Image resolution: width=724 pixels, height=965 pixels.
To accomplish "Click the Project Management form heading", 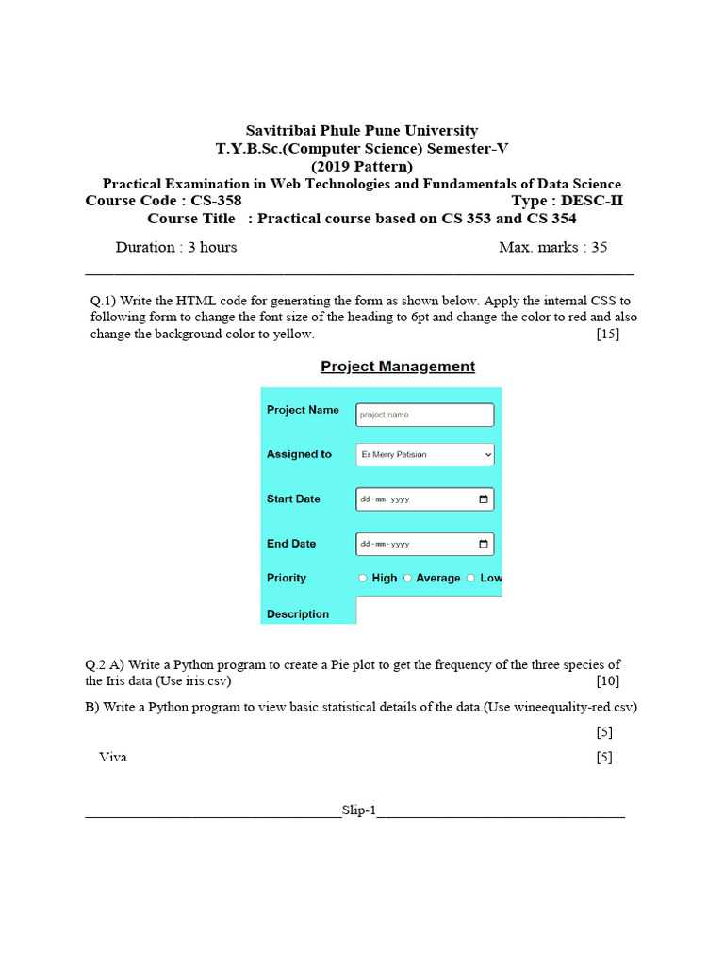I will (398, 367).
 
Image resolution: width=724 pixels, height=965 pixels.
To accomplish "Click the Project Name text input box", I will (424, 415).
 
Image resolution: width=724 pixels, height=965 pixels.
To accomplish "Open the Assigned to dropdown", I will (424, 454).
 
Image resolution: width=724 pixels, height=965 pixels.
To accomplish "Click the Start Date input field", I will (415, 499).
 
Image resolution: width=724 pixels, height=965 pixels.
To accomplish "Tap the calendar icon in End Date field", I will (484, 545).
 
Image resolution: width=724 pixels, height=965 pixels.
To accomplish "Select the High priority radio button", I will (363, 579).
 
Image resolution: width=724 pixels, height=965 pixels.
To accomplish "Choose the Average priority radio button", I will (407, 579).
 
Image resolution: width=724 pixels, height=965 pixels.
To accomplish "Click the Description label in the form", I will (298, 614).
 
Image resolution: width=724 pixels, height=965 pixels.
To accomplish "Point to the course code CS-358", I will (215, 201).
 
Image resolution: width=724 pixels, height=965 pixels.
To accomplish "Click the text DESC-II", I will (592, 201).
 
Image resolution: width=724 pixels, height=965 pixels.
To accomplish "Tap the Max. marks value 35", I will (598, 248).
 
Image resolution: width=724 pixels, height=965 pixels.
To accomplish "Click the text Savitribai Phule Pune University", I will (362, 131).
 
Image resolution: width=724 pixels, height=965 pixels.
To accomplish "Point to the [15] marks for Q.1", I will (607, 335).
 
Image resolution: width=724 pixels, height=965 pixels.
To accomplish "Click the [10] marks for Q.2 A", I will (607, 681).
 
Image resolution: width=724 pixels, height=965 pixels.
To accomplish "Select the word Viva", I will (113, 757).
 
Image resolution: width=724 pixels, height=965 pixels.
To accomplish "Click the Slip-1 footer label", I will (358, 810).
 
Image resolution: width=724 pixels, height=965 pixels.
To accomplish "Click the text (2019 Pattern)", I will (362, 167).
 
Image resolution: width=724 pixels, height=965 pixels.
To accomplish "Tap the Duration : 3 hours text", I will (176, 248).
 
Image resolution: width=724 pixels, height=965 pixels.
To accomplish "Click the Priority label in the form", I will (287, 579).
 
